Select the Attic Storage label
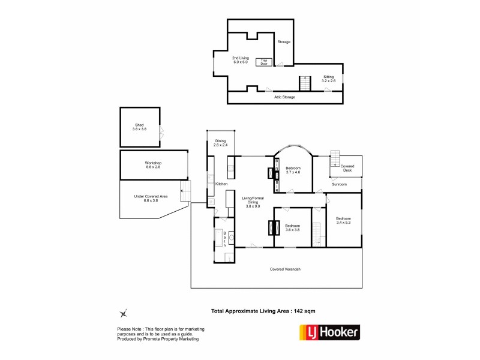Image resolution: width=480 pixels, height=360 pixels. (x=284, y=97)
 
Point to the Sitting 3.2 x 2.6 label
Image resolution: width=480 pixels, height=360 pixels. (x=328, y=79)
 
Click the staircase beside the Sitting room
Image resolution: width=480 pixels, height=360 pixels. (x=305, y=84)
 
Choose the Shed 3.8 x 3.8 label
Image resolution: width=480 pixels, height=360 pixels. (x=139, y=127)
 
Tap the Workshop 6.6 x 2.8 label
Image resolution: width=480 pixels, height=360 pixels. (x=153, y=165)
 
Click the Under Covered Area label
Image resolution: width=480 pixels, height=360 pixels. (x=151, y=198)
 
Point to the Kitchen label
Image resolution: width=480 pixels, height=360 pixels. (x=221, y=183)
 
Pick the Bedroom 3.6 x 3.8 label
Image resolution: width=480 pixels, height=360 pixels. (x=292, y=227)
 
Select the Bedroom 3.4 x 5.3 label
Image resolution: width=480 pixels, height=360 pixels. (x=343, y=220)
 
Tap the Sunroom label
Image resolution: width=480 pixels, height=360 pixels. (x=340, y=184)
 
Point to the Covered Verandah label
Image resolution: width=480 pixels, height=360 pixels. (x=285, y=269)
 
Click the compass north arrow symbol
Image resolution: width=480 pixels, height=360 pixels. (x=124, y=312)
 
